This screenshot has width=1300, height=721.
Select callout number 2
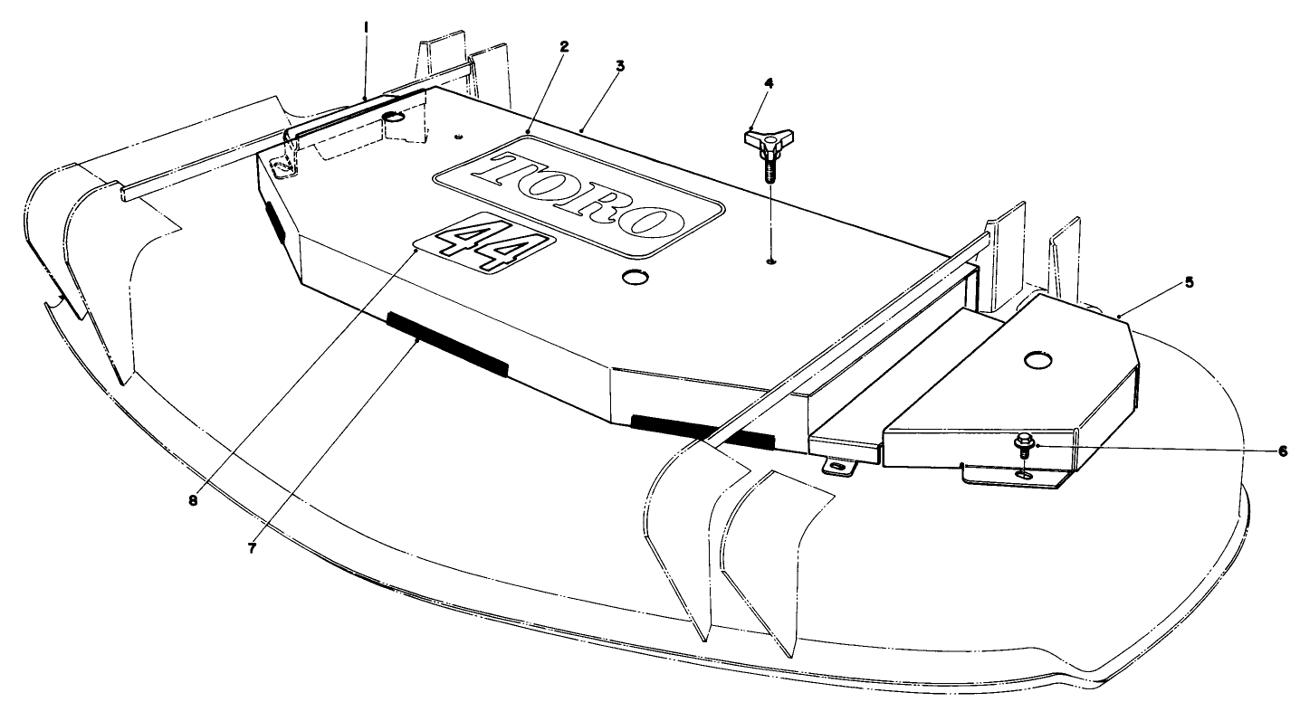click(x=563, y=44)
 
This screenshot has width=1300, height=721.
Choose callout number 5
click(x=1190, y=281)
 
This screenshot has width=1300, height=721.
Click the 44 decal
click(x=482, y=243)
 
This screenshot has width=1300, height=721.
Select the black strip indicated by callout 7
click(x=447, y=344)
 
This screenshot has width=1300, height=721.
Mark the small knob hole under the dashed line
click(x=769, y=261)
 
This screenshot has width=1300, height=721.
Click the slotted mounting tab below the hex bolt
click(x=1024, y=474)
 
